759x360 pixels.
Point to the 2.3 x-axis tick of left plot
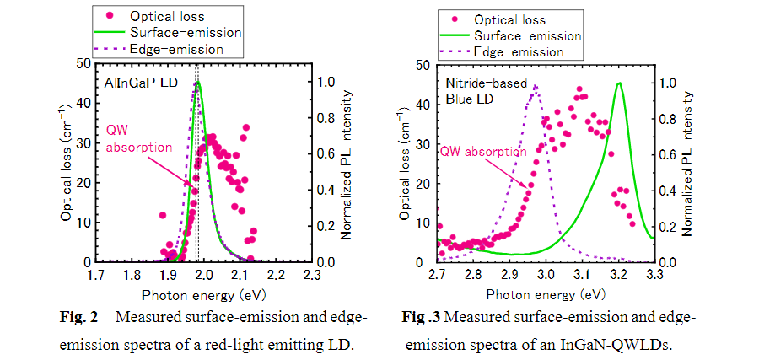[312, 276]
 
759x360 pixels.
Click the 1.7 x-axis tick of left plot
[94, 276]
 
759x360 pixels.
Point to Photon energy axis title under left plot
[203, 293]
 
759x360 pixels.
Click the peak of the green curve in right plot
[619, 83]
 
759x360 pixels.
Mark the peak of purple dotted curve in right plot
[535, 85]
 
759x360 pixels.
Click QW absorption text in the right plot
[484, 153]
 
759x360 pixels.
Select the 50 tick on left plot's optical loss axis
[81, 63]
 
